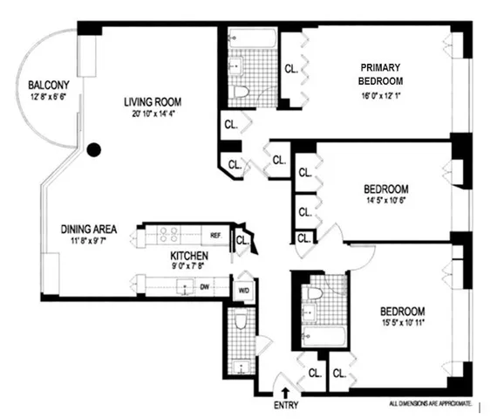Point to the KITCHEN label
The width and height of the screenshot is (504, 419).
(188, 257)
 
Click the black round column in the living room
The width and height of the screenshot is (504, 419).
(94, 149)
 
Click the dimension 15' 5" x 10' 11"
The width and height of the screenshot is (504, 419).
(403, 324)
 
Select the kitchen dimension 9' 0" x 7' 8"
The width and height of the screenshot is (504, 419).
(188, 269)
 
